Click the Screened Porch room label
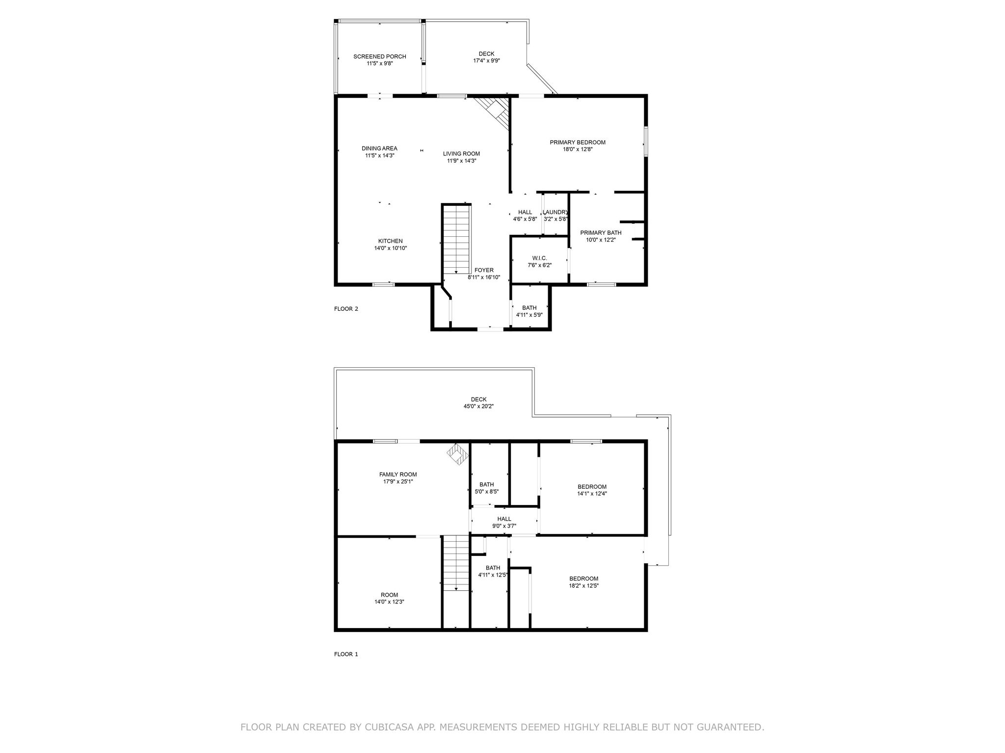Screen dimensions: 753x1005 click(x=379, y=57)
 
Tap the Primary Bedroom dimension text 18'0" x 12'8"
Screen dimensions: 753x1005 click(x=578, y=150)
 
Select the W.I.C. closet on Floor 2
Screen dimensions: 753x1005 click(x=539, y=261)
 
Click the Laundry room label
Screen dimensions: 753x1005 click(x=555, y=212)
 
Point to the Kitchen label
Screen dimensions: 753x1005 click(x=390, y=241)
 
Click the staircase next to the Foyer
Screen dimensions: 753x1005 click(x=456, y=239)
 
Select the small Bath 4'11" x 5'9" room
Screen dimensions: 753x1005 click(x=529, y=311)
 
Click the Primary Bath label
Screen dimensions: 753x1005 click(x=601, y=233)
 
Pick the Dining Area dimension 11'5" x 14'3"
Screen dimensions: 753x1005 click(x=379, y=155)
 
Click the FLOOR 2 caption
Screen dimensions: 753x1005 click(x=346, y=309)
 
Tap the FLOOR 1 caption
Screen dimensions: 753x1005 click(x=346, y=654)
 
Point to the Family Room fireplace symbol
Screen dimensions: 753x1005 click(x=456, y=453)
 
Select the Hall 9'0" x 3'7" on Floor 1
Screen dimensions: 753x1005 click(x=504, y=522)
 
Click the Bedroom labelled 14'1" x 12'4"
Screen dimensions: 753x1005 click(x=592, y=490)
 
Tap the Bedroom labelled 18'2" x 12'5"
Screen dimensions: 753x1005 click(x=583, y=582)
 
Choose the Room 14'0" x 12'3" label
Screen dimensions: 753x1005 click(x=389, y=598)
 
